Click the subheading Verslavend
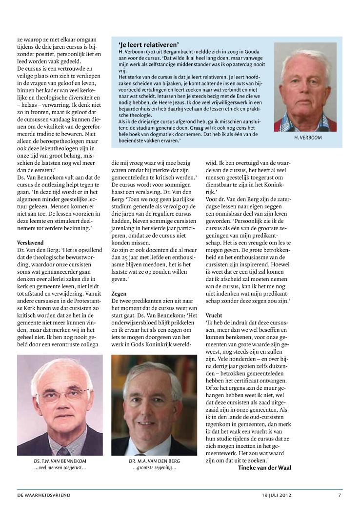pyautogui.click(x=30, y=242)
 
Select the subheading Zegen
pyautogui.click(x=119, y=294)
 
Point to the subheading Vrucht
pyautogui.click(x=214, y=315)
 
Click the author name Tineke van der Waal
pyautogui.click(x=264, y=467)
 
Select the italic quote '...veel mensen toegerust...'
pyautogui.click(x=60, y=468)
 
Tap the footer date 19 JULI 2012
pyautogui.click(x=276, y=495)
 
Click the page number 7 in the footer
pyautogui.click(x=340, y=495)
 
